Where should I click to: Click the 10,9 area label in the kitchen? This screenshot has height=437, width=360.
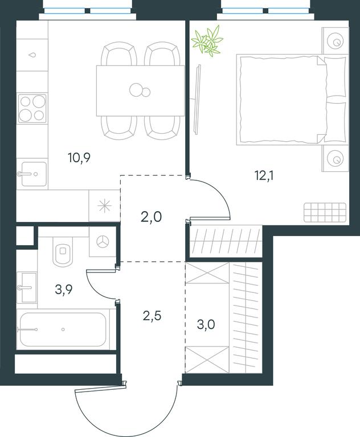pos(79,158)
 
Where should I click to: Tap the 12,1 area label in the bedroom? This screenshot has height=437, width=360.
pos(264,176)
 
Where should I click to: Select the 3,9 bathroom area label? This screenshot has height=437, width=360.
pos(64,289)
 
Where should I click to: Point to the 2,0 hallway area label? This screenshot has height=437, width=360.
pos(152,217)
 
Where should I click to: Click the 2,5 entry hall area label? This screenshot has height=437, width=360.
pos(152,316)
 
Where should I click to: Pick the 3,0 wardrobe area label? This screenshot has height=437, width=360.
pos(206,324)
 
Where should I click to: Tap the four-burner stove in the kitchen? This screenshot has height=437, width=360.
pos(32,108)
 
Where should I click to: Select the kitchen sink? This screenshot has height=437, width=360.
pos(32,174)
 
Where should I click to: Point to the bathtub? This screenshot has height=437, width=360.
pos(63,329)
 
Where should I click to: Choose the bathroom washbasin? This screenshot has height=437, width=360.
pos(27,287)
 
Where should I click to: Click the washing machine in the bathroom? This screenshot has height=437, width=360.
pos(103,241)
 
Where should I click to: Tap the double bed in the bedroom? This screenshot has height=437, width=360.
pos(292,100)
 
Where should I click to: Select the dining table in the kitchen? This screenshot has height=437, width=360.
pos(140,90)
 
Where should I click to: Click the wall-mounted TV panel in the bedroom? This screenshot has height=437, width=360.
pos(198,100)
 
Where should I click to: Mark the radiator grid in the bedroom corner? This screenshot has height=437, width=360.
pos(325,212)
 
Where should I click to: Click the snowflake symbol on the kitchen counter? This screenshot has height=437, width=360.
pos(105,206)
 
